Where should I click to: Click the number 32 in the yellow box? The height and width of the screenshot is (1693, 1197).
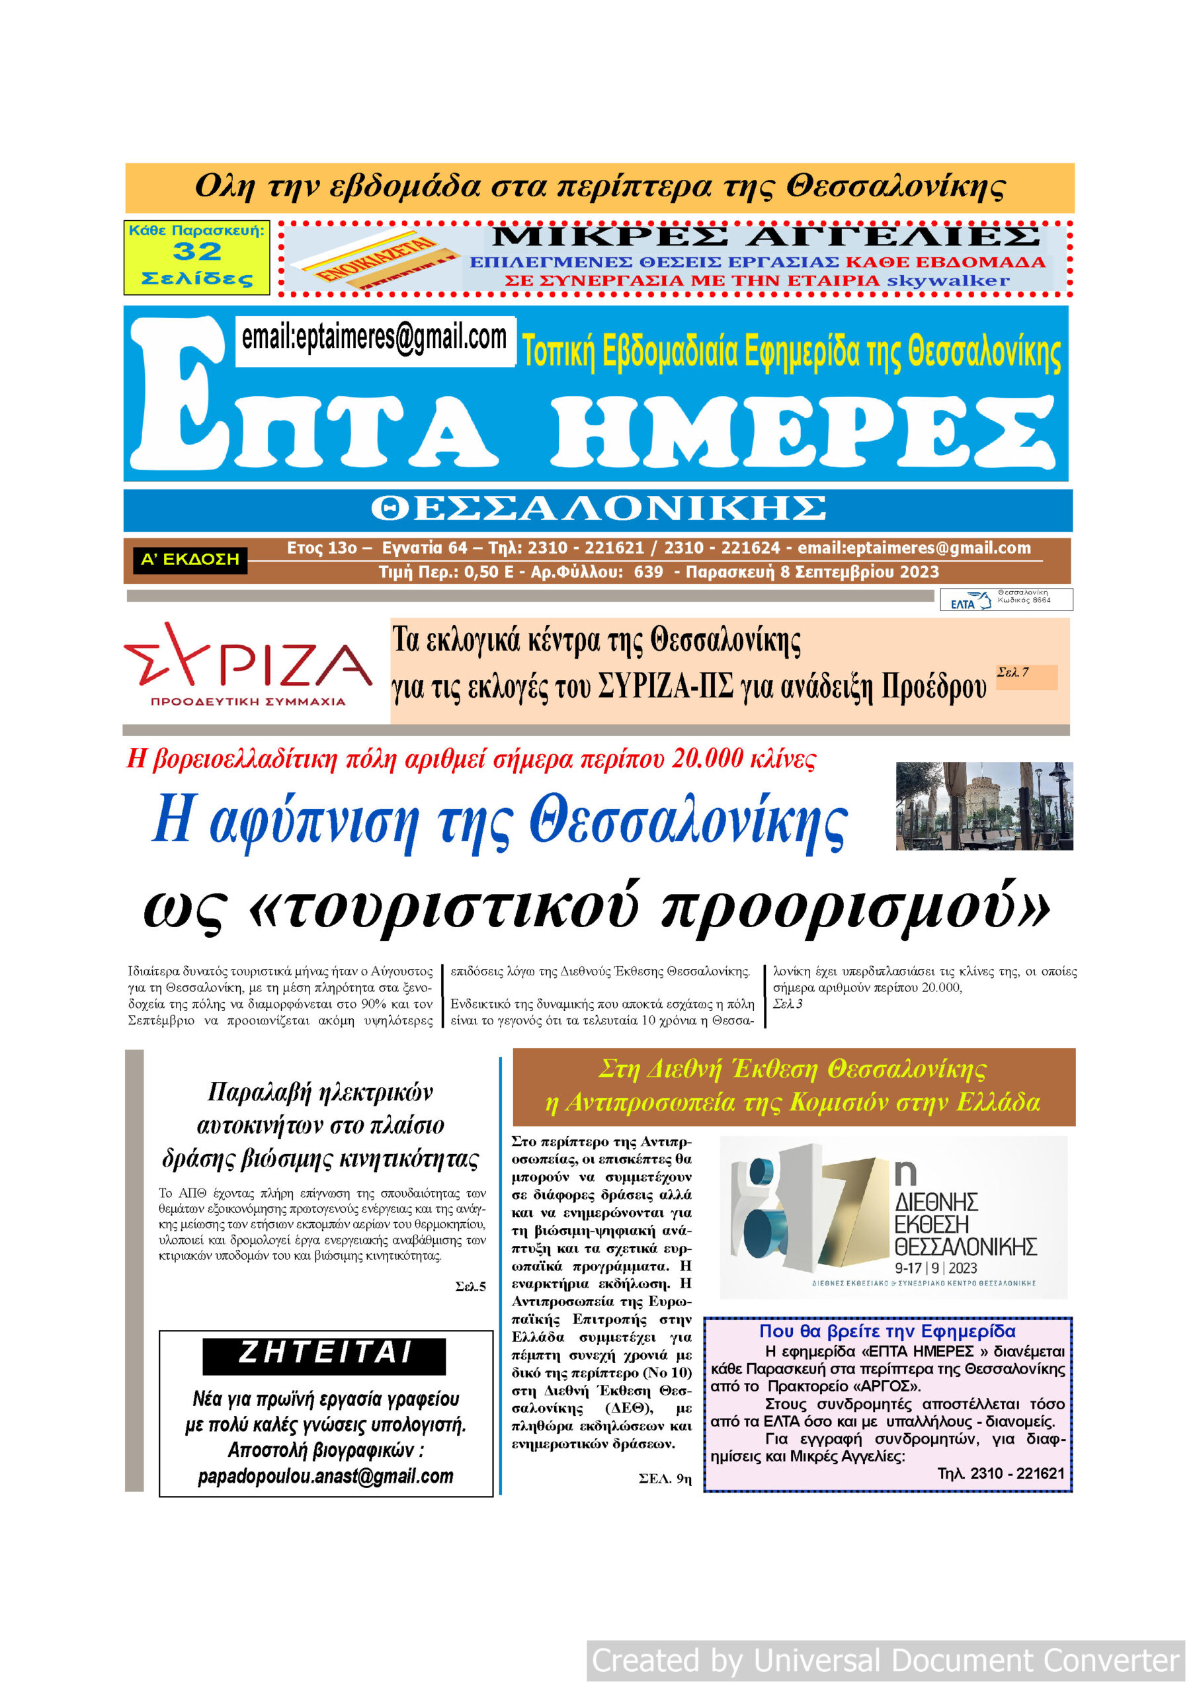pyautogui.click(x=197, y=251)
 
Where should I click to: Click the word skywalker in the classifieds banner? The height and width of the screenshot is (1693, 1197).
pyautogui.click(x=948, y=281)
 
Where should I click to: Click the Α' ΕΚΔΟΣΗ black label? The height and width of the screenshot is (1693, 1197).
pyautogui.click(x=190, y=559)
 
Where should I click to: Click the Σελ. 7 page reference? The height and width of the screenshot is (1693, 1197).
pyautogui.click(x=1012, y=673)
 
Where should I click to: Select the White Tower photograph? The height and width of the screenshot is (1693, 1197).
pyautogui.click(x=984, y=806)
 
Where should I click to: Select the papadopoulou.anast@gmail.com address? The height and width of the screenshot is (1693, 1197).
pyautogui.click(x=325, y=1476)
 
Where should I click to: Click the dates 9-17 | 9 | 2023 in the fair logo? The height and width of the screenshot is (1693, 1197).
pyautogui.click(x=935, y=1268)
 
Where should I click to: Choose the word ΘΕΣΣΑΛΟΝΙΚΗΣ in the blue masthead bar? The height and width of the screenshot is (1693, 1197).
pyautogui.click(x=597, y=509)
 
